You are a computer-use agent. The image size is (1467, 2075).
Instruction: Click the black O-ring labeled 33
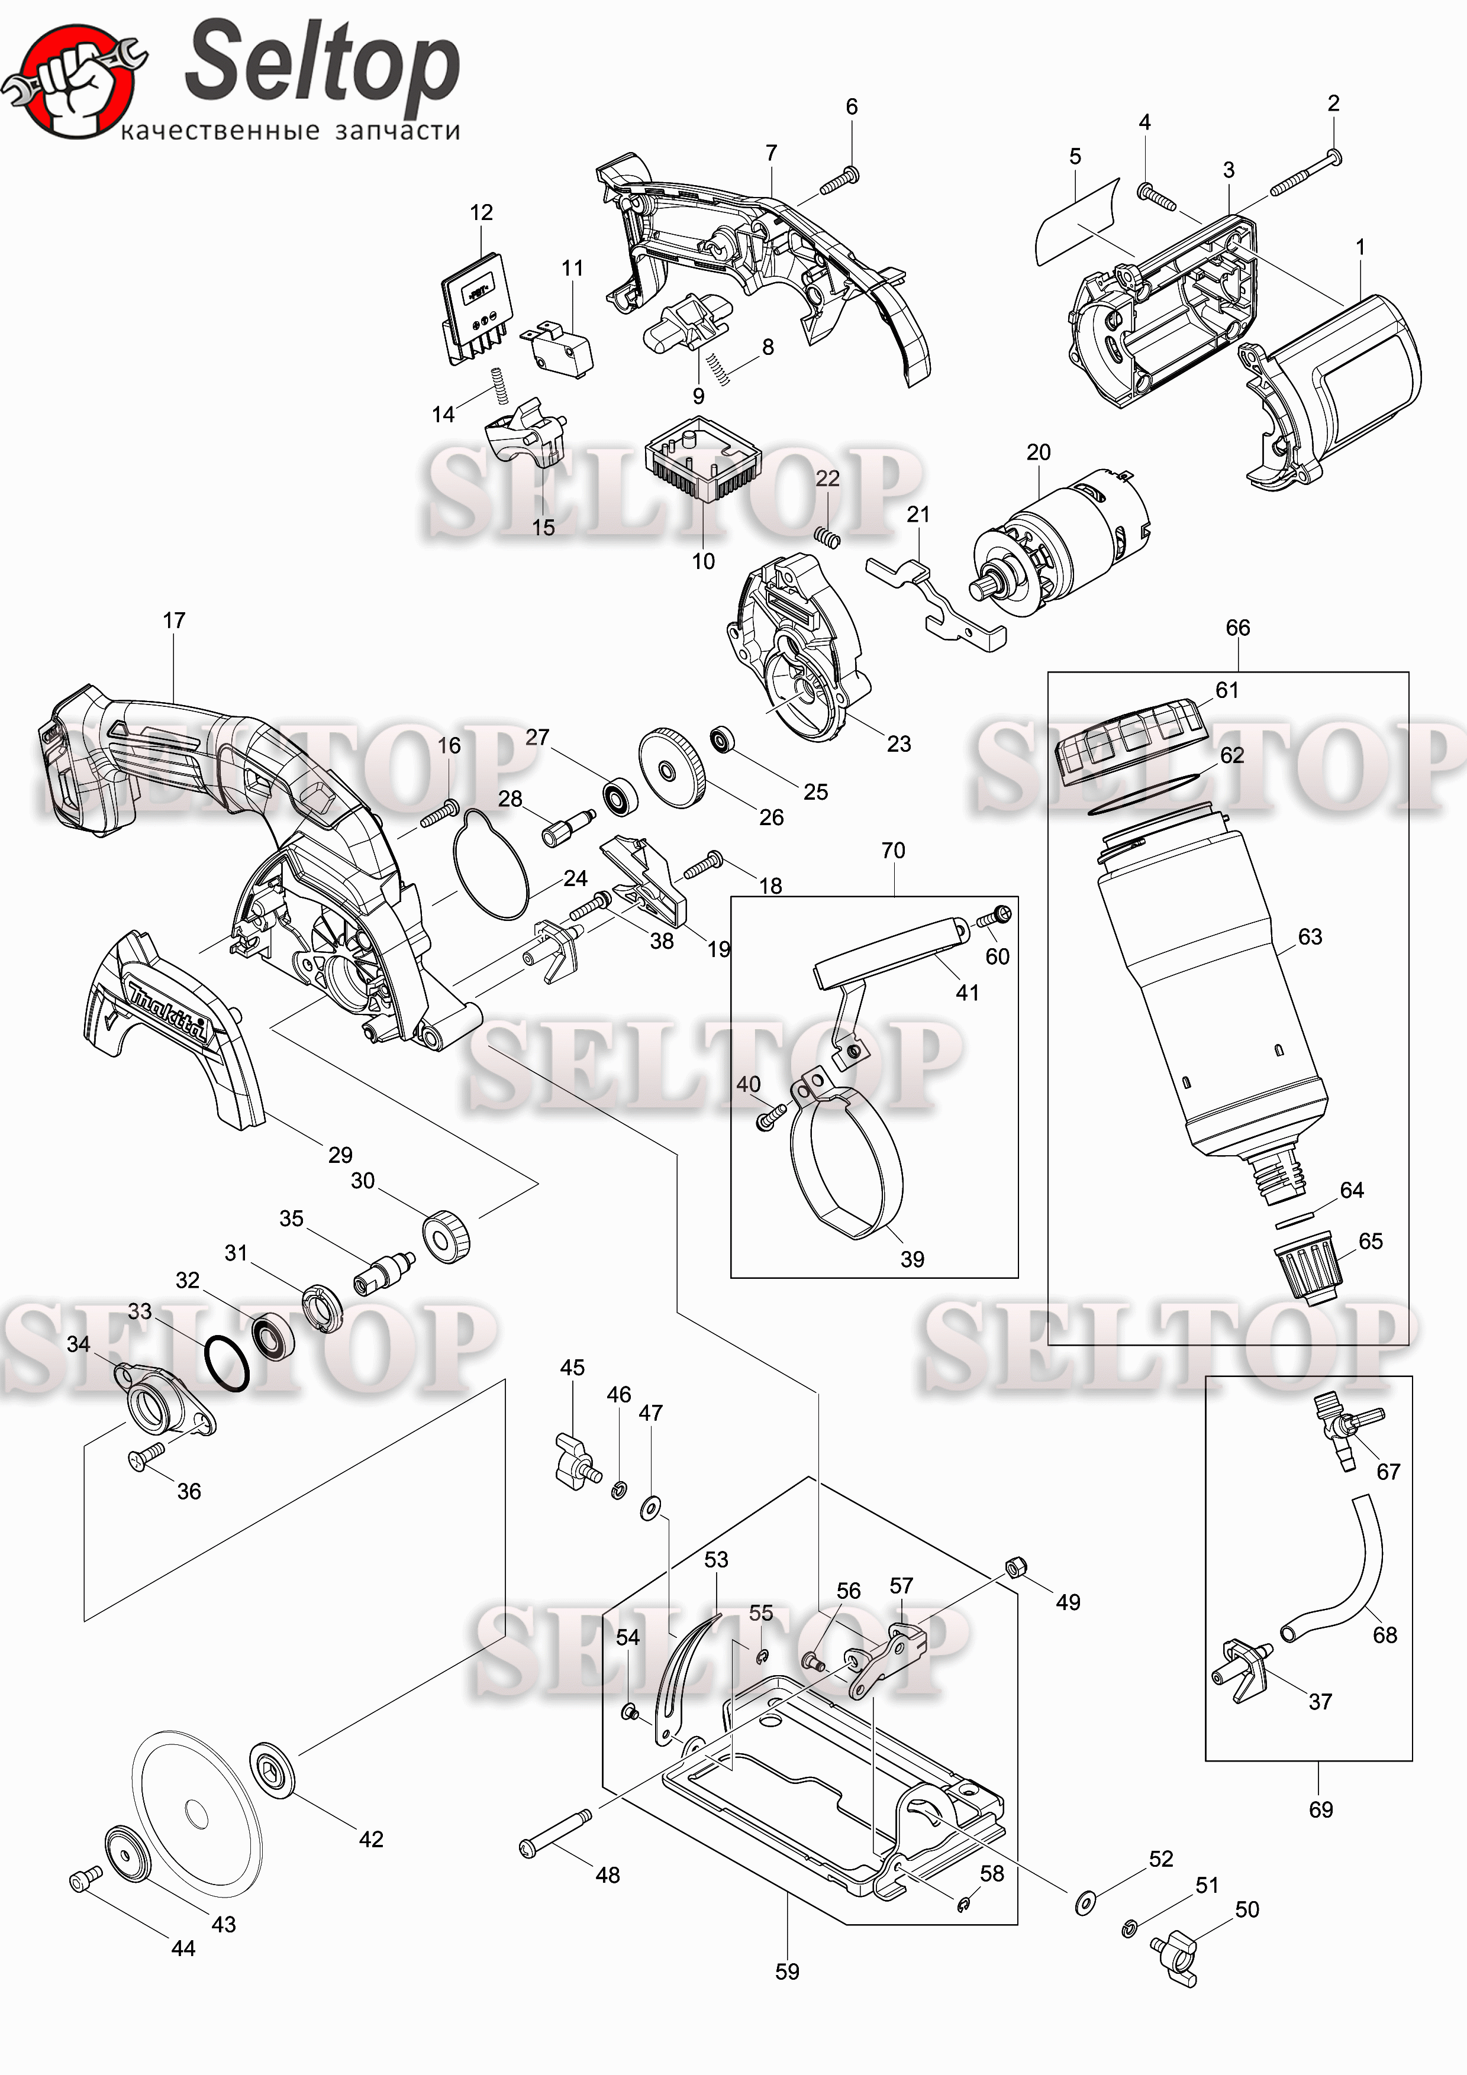coord(226,1364)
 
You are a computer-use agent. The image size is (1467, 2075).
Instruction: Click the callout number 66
coord(1237,627)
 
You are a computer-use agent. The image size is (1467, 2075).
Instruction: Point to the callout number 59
coord(787,1971)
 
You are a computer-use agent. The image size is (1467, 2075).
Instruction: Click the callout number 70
coord(893,851)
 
